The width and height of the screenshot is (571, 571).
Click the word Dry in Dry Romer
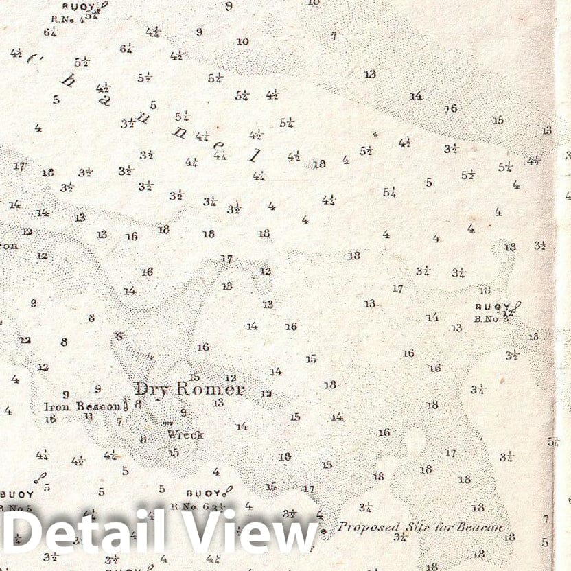152,390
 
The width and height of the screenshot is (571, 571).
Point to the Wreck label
185,434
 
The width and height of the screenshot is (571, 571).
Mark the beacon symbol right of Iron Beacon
126,403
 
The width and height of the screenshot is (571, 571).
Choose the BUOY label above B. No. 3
492,307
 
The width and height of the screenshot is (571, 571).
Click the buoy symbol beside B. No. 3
517,307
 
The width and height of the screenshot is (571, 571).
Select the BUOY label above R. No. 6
203,493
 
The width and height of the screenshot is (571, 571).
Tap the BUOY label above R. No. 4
77,5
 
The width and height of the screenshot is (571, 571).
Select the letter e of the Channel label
219,147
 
